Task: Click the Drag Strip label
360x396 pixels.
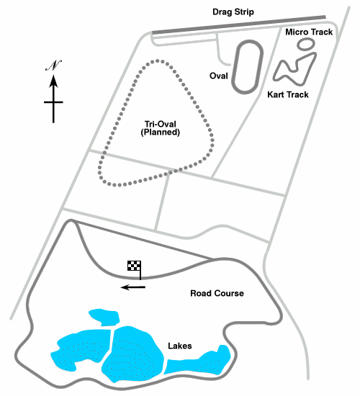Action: point(233,12)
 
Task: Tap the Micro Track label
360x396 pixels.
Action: point(309,32)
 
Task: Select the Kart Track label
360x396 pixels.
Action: point(288,95)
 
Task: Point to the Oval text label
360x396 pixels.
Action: point(219,76)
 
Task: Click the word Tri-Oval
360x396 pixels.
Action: point(160,124)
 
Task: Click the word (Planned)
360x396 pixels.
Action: point(160,132)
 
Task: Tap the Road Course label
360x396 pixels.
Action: point(217,293)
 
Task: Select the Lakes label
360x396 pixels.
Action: point(180,346)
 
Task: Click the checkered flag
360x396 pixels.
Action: point(134,266)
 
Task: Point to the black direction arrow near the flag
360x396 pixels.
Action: point(133,287)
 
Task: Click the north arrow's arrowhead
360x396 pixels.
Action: point(53,81)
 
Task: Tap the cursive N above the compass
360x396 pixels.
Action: point(53,66)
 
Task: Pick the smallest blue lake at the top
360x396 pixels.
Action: point(105,317)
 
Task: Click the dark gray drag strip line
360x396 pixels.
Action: point(239,24)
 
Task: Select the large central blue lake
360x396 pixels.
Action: point(132,354)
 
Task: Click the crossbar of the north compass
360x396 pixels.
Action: point(53,102)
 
